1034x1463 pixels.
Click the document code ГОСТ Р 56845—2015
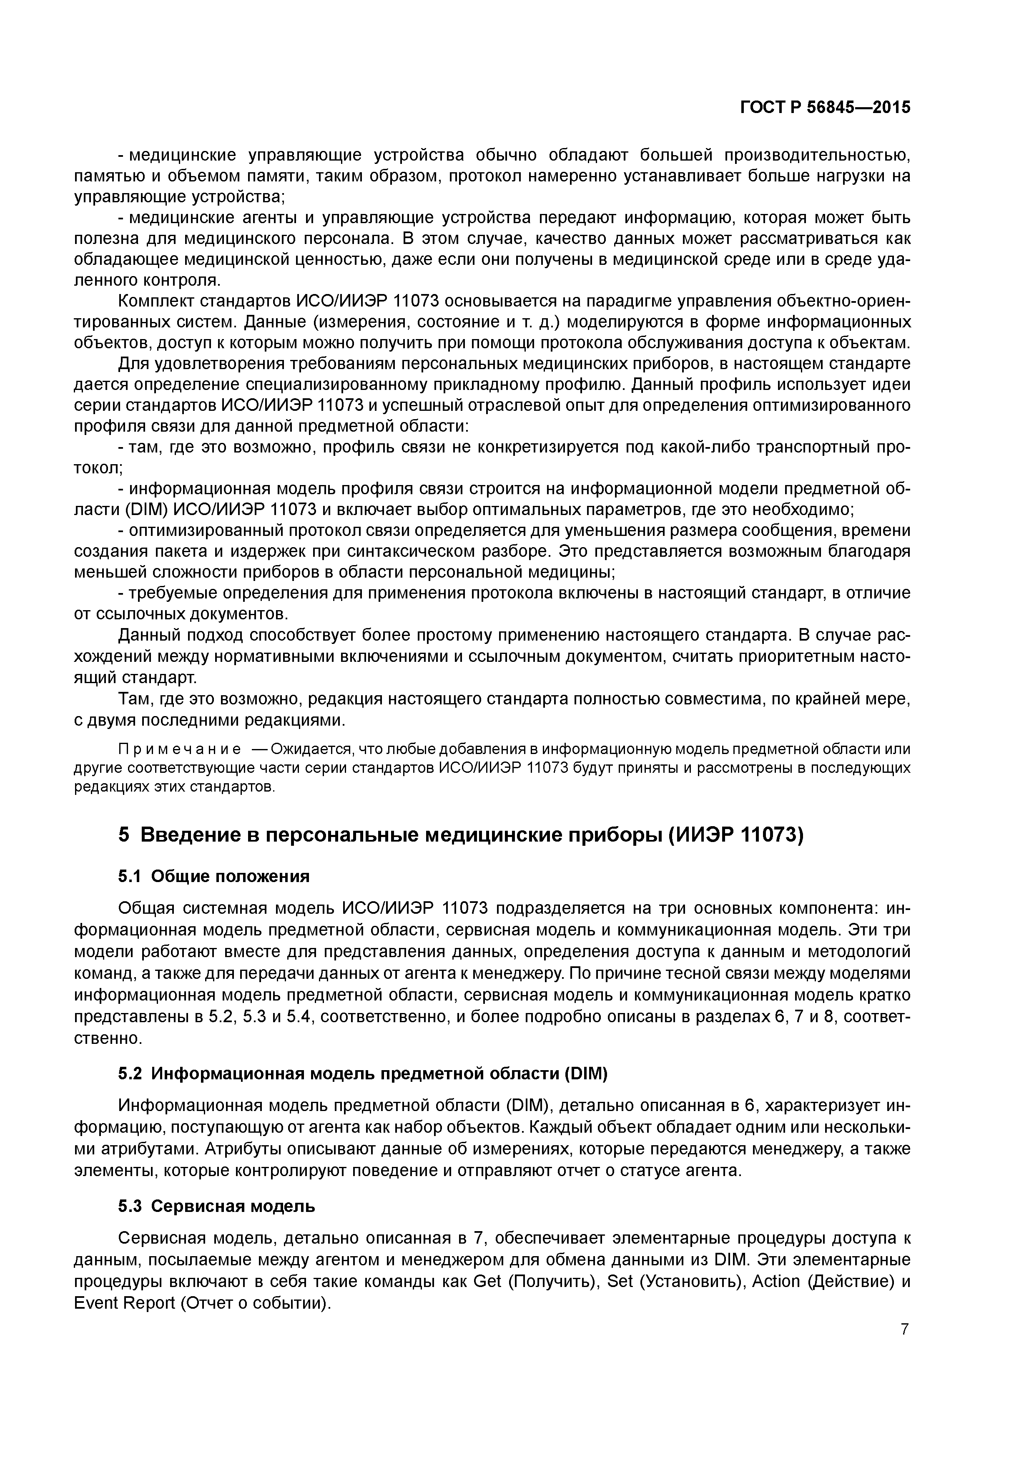pos(825,108)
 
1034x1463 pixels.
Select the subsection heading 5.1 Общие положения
pos(214,877)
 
